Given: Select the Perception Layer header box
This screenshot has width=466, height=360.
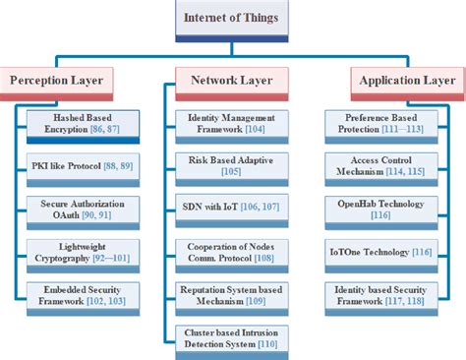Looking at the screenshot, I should (x=61, y=79).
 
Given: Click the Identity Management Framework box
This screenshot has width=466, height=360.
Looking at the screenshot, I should (x=230, y=122).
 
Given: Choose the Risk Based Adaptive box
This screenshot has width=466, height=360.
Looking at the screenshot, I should (x=230, y=165).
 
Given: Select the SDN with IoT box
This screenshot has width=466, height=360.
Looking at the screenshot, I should (x=230, y=208).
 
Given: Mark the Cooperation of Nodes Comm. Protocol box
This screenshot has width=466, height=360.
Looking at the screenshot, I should (x=230, y=251).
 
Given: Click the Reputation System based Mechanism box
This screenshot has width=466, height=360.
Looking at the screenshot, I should (x=230, y=294).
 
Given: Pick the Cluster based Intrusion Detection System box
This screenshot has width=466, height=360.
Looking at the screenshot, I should (x=230, y=338).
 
